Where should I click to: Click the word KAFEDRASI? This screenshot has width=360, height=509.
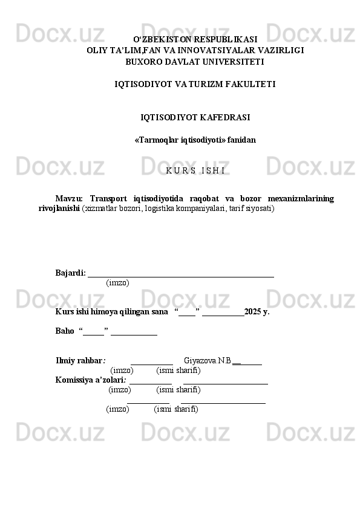(224, 117)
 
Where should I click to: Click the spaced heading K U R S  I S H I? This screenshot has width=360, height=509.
(195, 171)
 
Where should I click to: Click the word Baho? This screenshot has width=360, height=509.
(64, 331)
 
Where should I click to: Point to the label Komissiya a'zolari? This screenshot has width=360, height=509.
(90, 380)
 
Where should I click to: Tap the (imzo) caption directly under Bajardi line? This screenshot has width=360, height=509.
(117, 283)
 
